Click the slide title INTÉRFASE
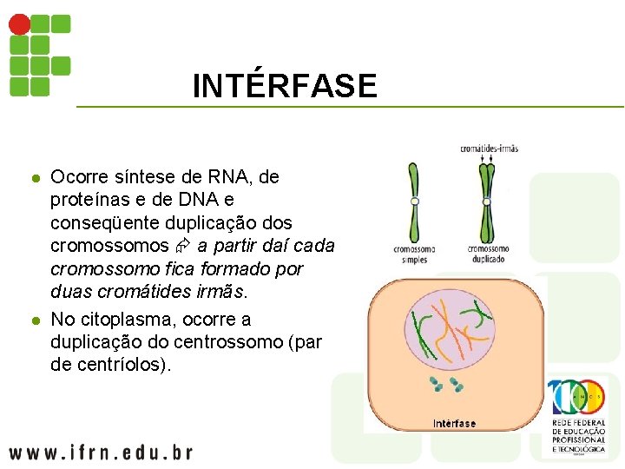coord(285,86)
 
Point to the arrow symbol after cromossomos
coord(183,247)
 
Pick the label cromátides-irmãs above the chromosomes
coord(489,149)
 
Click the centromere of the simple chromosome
coord(415,201)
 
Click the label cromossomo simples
coord(414,254)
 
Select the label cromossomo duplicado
coord(488,254)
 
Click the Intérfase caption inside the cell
coord(454,423)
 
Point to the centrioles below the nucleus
coord(446,383)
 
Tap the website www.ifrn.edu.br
coord(100,452)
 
